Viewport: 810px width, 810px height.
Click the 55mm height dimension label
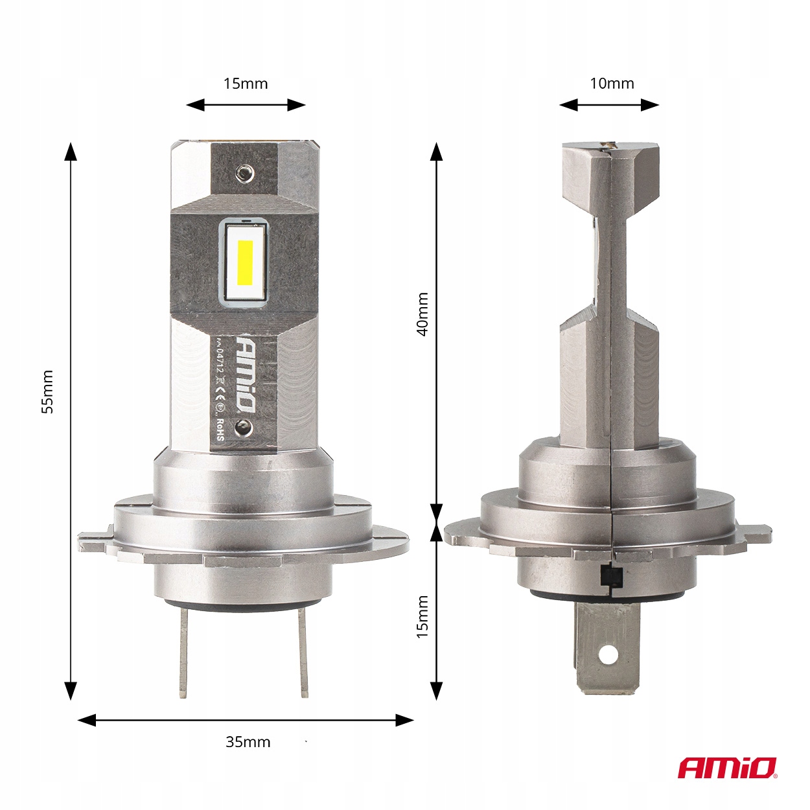pos(47,392)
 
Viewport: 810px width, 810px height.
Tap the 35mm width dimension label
pos(248,742)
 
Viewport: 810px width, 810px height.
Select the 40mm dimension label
pos(422,314)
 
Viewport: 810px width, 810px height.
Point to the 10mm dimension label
pos(612,84)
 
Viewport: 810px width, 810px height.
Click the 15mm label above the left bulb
pos(246,84)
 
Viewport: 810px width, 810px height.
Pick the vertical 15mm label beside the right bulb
pos(422,617)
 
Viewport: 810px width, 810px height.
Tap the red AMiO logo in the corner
pos(727,768)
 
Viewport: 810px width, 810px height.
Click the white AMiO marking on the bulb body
pos(245,373)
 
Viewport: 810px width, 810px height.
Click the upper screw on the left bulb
pos(244,172)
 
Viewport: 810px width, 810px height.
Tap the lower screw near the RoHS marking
pos(243,426)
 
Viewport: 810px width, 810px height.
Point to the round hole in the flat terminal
pos(607,654)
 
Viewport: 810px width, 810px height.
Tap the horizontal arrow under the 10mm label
pos(609,105)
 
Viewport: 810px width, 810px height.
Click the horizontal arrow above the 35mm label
pos(246,720)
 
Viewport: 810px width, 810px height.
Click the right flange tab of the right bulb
pos(755,535)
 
